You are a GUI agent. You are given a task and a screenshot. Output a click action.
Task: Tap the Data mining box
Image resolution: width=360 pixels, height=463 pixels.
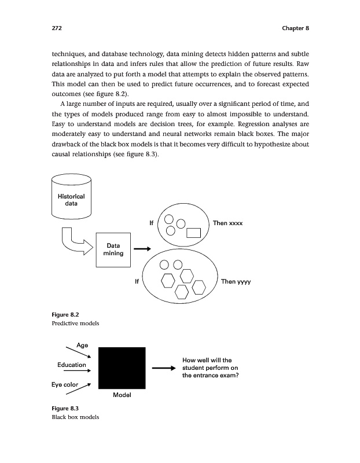pos(113,249)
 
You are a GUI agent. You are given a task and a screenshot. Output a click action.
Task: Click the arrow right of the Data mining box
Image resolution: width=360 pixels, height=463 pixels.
pos(142,249)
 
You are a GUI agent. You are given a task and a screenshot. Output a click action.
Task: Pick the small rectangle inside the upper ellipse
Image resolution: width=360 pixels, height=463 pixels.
pos(193,233)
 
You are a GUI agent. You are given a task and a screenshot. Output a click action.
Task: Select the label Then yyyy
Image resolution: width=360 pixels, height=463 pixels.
pos(236,282)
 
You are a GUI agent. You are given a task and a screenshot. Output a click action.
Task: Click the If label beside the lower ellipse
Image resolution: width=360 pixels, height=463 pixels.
pos(136,282)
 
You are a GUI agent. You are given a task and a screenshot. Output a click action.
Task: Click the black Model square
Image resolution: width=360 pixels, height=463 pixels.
pos(122,368)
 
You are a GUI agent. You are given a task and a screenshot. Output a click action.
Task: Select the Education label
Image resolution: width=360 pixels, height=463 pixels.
pos(71,365)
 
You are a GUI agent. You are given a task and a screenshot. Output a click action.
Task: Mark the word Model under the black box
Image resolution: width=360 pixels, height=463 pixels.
pos(122,395)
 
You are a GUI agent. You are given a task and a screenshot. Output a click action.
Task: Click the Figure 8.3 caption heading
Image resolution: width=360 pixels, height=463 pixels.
pos(65,409)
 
